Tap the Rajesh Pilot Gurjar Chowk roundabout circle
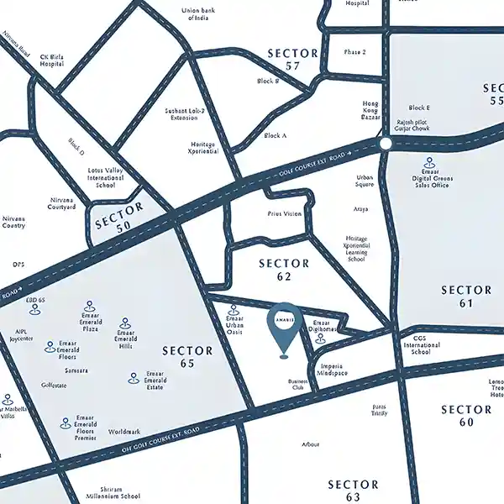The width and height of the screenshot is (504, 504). tap(386, 144)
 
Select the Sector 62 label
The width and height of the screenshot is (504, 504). tap(284, 269)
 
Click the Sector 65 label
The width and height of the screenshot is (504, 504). tap(188, 357)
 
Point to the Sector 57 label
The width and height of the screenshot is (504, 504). tap(293, 59)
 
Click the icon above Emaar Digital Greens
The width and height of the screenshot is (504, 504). tap(430, 162)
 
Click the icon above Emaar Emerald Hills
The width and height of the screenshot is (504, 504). tap(125, 323)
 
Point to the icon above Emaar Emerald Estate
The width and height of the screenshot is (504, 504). tap(134, 379)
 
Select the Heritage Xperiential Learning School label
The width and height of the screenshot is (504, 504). tap(355, 249)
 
